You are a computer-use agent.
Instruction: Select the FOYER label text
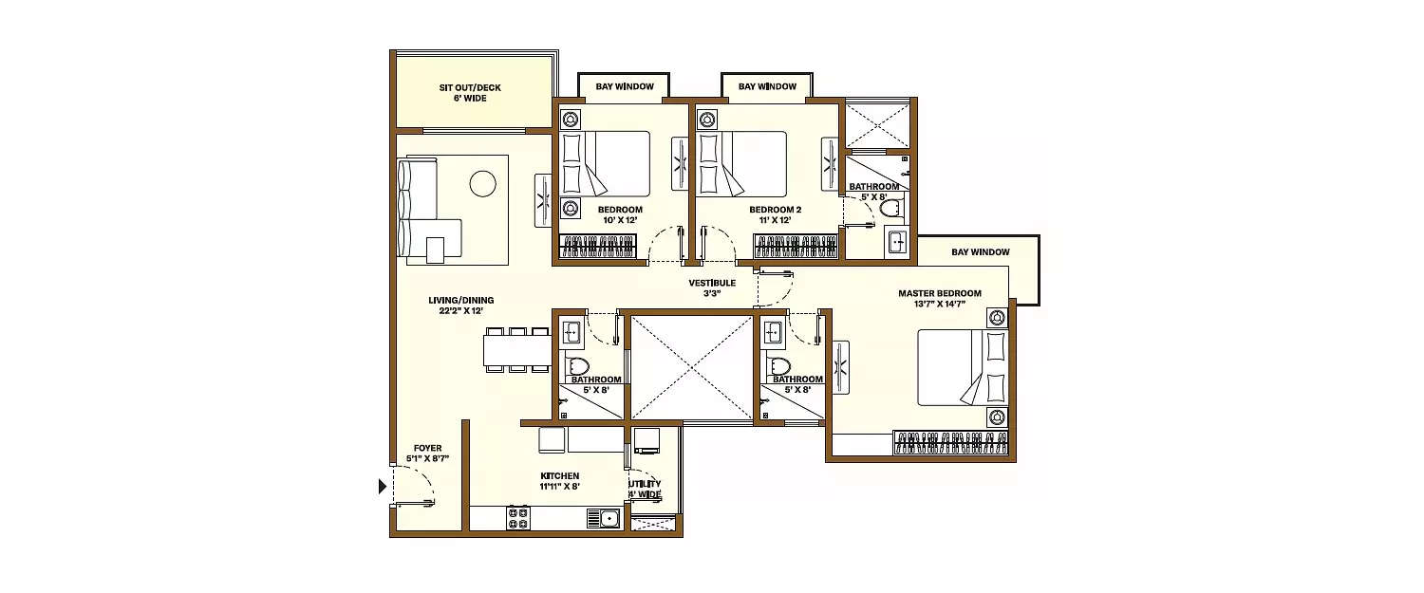click(x=427, y=448)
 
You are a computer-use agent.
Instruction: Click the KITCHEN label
click(x=559, y=476)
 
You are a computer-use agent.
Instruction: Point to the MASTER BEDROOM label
click(x=939, y=293)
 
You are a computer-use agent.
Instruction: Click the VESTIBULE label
click(x=712, y=283)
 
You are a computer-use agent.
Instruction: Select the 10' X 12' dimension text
click(x=620, y=220)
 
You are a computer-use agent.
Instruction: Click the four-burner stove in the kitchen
click(x=518, y=518)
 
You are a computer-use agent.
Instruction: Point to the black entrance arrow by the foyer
click(x=383, y=487)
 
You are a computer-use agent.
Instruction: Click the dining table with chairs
click(x=517, y=350)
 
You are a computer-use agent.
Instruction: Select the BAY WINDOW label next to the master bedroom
click(x=980, y=252)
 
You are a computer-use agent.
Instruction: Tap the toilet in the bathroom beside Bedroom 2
click(x=890, y=208)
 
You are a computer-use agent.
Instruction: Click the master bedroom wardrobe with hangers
click(x=952, y=443)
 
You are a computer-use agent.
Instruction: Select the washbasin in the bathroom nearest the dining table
click(x=572, y=332)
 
